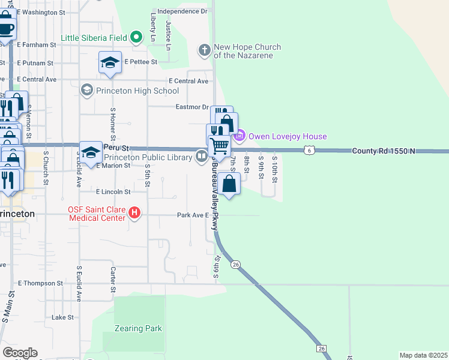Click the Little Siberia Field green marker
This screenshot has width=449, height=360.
tap(136, 38)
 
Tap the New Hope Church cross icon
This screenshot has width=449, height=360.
tap(204, 50)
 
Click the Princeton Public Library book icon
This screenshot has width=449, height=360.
tap(201, 157)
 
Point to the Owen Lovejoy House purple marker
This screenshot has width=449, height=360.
tap(240, 136)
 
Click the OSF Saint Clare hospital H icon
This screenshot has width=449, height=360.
tap(135, 212)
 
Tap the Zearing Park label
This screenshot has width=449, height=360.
tap(138, 328)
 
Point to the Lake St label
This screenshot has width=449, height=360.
tap(62, 317)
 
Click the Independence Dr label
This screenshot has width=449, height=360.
tap(182, 11)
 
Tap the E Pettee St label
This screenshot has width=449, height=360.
tap(141, 61)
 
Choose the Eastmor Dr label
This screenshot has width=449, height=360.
tap(191, 106)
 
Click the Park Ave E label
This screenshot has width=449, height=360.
tap(192, 215)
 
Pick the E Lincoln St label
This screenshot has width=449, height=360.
tap(113, 192)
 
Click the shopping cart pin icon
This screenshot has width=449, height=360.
tap(219, 145)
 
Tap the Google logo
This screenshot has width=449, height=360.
tap(20, 353)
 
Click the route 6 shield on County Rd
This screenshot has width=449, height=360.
tap(308, 151)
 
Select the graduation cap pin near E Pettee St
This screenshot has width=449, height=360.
tap(110, 63)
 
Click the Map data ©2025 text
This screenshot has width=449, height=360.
tap(424, 355)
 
